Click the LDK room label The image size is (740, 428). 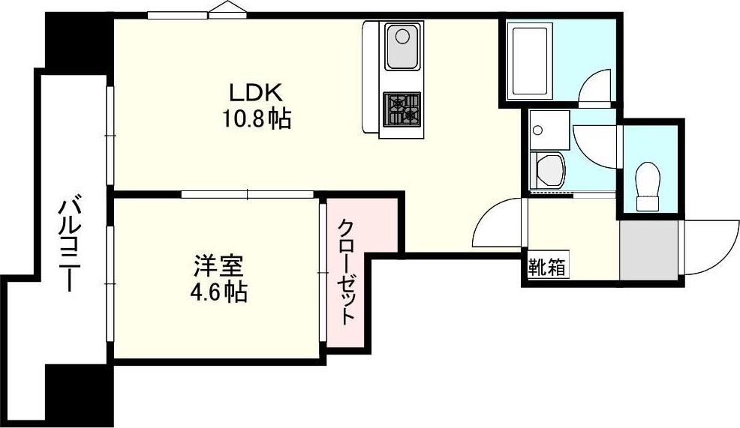255,93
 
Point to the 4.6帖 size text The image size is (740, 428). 218,292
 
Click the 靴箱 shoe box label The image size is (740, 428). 547,267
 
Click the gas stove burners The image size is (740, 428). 403,109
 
